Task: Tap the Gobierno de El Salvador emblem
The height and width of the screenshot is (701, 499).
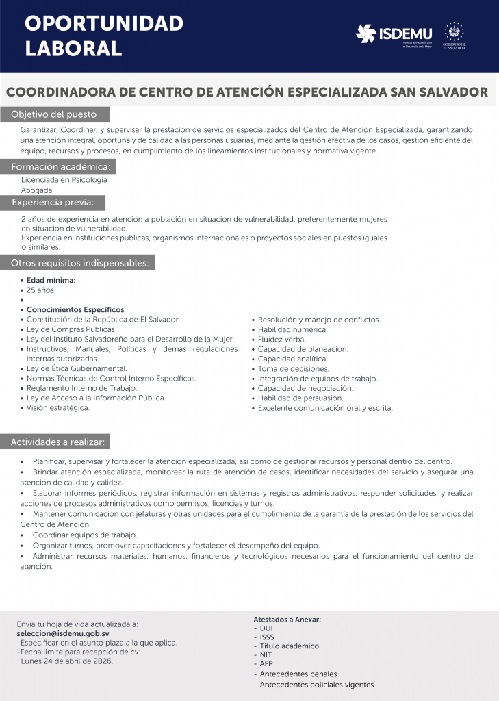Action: click(455, 36)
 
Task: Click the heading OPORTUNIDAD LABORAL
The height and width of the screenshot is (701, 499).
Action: click(104, 36)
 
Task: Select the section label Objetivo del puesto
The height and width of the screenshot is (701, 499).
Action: click(54, 114)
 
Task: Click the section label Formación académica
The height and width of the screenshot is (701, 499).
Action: click(60, 167)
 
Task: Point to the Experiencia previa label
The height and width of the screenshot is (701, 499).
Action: click(57, 203)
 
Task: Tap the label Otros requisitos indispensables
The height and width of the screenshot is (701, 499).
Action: click(80, 263)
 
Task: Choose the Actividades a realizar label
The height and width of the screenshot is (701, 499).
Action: click(60, 442)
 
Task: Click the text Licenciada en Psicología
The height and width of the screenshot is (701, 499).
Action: click(64, 180)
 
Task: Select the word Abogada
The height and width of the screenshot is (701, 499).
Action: click(37, 190)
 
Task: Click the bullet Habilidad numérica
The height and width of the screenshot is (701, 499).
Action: click(292, 329)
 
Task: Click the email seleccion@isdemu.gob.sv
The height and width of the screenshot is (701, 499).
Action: click(63, 634)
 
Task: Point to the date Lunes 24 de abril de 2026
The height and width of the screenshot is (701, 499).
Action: click(67, 661)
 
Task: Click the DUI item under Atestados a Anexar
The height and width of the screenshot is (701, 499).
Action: click(266, 628)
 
